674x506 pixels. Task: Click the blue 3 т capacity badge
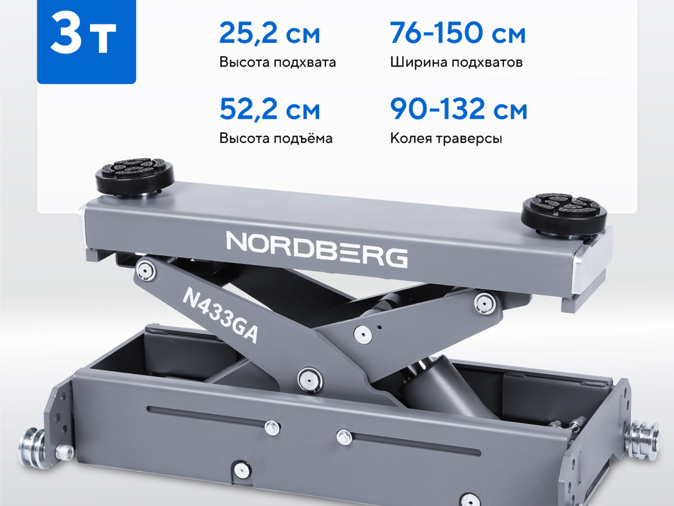(86, 42)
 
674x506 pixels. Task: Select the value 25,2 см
(270, 33)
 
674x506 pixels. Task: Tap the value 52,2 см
(270, 109)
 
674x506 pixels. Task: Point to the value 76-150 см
(458, 33)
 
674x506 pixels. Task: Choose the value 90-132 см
(459, 109)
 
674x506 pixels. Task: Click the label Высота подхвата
(277, 62)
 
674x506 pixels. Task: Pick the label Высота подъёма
(276, 138)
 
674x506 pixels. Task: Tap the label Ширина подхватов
(456, 62)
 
